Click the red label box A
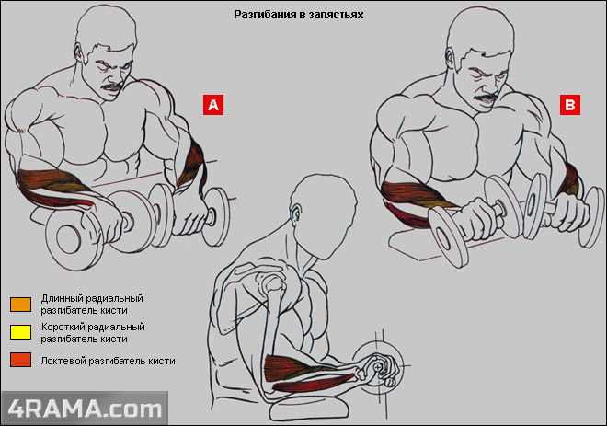(213, 105)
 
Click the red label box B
(570, 106)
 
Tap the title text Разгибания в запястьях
(300, 16)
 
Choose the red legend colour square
(19, 361)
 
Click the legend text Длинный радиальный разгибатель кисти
(92, 305)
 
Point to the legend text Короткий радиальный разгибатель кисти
(92, 332)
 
